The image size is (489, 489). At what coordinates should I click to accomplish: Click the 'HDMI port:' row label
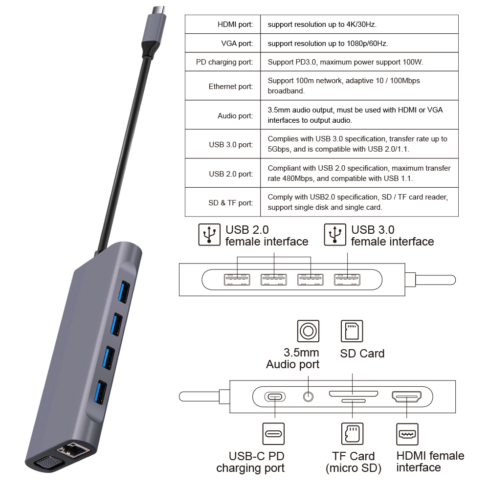click(x=235, y=24)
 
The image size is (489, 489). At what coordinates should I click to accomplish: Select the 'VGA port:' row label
click(x=237, y=44)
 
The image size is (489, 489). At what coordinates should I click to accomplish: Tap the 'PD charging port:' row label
click(x=224, y=62)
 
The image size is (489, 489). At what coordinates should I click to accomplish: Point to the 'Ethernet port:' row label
click(x=231, y=87)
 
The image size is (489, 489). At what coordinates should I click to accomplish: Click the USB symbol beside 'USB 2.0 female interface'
click(x=209, y=235)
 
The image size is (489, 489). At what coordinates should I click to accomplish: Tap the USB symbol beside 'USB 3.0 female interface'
click(x=335, y=235)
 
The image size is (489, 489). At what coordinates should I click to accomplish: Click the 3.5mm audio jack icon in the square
click(x=308, y=332)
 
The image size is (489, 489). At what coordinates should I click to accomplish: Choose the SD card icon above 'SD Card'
click(x=352, y=331)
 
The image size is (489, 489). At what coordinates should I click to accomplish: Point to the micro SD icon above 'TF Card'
click(x=352, y=434)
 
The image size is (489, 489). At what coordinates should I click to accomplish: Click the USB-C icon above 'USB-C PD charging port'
click(x=273, y=434)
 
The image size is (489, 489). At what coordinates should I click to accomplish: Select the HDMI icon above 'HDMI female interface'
click(x=407, y=434)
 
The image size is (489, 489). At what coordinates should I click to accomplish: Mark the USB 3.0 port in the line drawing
click(x=347, y=280)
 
